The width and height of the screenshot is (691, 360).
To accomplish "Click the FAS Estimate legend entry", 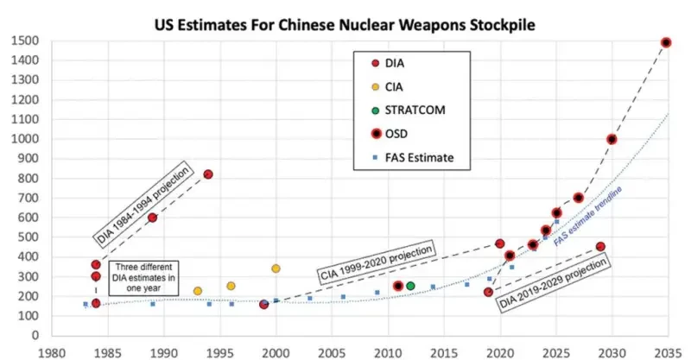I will pyautogui.click(x=413, y=157).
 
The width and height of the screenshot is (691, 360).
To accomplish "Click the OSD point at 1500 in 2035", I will pyautogui.click(x=666, y=42).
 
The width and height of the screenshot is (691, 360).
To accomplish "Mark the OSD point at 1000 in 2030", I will pyautogui.click(x=612, y=139).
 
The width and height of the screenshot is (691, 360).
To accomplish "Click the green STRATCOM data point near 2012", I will pyautogui.click(x=410, y=286).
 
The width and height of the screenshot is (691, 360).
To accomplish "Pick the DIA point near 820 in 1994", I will pyautogui.click(x=208, y=174).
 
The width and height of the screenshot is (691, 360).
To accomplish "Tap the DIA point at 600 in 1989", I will pyautogui.click(x=152, y=218).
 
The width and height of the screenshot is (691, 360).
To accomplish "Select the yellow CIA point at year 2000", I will pyautogui.click(x=276, y=269).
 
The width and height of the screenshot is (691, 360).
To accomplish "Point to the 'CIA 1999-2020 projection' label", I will pyautogui.click(x=377, y=258).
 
